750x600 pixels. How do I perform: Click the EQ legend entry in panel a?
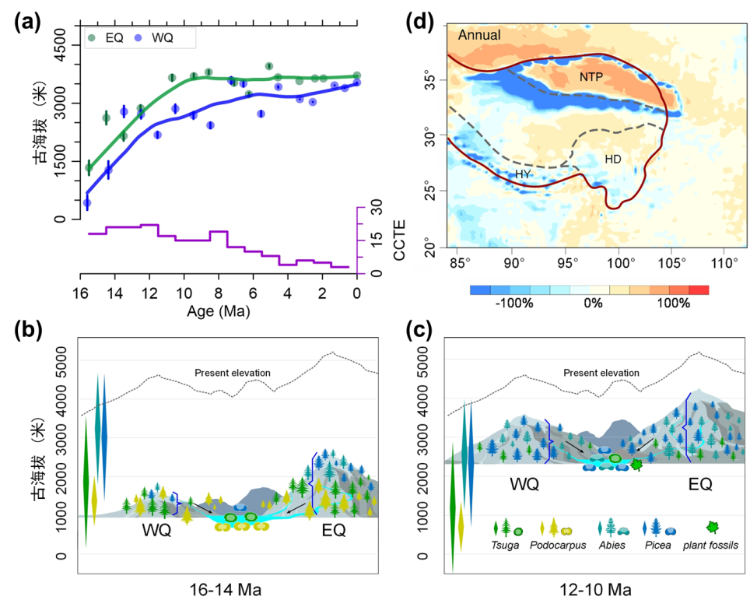click(x=119, y=37)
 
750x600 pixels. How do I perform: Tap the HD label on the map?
click(x=613, y=159)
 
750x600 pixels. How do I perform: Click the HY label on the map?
click(x=523, y=175)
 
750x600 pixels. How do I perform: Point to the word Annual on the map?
click(x=479, y=36)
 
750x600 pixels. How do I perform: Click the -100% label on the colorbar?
click(x=514, y=304)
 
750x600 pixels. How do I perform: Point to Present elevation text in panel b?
click(x=233, y=373)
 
